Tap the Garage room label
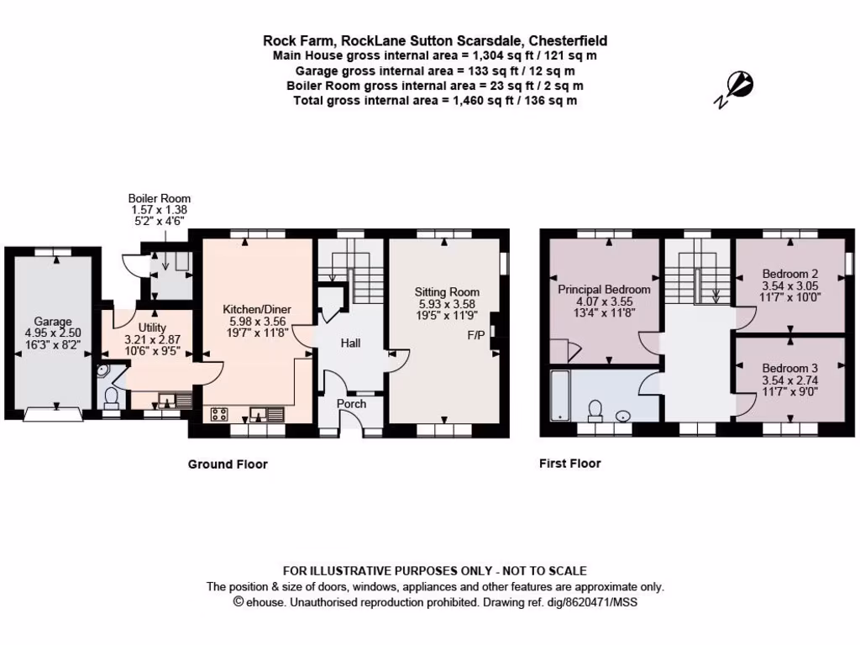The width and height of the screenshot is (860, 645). coord(53,322)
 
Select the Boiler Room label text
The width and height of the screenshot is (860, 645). coord(160,198)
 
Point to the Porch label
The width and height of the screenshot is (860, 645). coord(351,404)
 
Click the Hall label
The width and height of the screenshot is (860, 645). coord(351,343)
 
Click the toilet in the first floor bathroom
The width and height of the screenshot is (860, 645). coord(596,409)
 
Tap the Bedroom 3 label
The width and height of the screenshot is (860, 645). coord(790,368)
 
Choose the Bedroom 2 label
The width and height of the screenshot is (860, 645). coord(790,274)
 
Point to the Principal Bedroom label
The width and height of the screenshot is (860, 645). coord(604,290)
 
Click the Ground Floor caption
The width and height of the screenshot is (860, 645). coord(228,464)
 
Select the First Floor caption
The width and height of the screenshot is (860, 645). coord(570,464)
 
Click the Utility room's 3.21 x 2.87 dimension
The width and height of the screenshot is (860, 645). coord(152,339)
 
